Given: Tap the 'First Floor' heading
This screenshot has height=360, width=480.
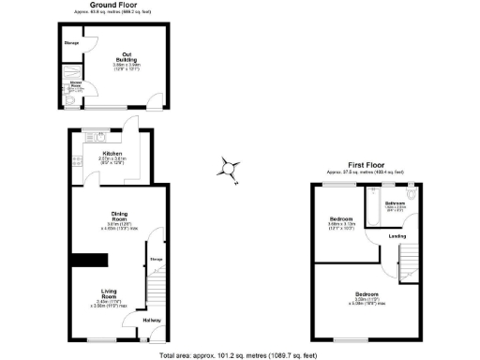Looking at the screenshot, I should click(x=365, y=164).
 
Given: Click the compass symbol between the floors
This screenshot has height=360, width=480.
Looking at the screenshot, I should click(x=228, y=169).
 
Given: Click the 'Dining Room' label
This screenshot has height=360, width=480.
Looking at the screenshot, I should click(x=120, y=215).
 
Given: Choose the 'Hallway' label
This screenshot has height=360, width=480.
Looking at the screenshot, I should click(x=152, y=321).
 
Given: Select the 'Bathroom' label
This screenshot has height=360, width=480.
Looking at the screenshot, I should click(x=395, y=202).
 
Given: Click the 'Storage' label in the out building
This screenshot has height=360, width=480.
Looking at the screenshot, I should click(x=71, y=44).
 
